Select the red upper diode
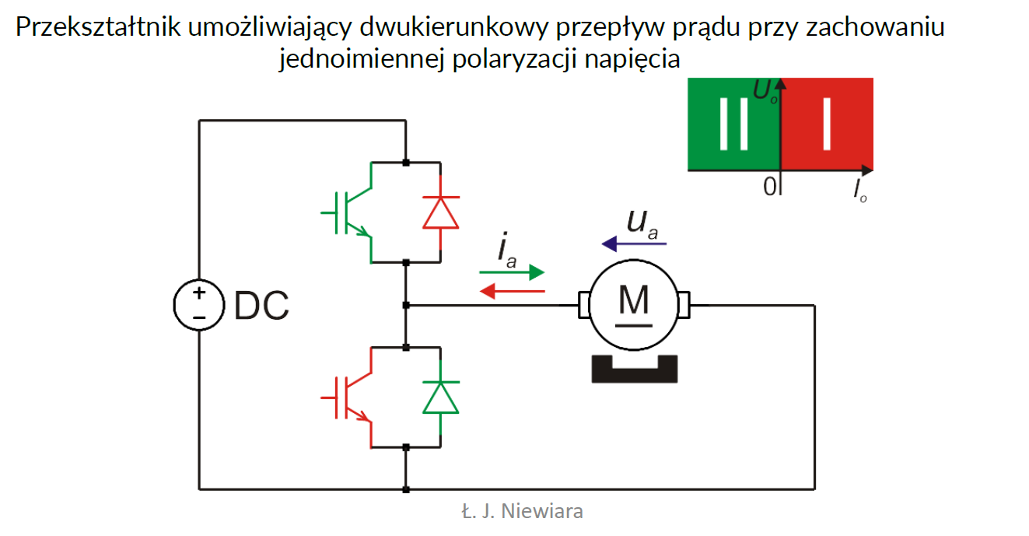(x=440, y=212)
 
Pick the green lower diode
(x=440, y=397)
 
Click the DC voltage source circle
(x=198, y=305)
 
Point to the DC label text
(x=261, y=307)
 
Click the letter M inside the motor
(x=635, y=300)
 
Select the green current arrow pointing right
(x=511, y=273)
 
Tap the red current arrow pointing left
(x=511, y=291)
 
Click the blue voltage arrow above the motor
(x=635, y=243)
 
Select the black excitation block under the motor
(x=634, y=368)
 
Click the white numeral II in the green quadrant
(x=733, y=124)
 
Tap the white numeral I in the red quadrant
(x=826, y=124)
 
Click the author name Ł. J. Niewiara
(x=521, y=511)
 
